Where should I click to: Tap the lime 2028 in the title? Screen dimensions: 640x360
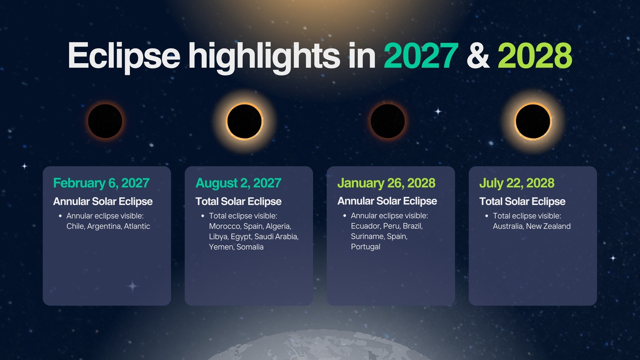pos(535,56)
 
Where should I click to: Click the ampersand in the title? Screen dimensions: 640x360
pos(478,56)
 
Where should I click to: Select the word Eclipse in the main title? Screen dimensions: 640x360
pos(124,57)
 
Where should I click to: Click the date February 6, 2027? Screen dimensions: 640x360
pos(101,183)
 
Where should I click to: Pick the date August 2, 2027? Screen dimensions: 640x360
pos(238,183)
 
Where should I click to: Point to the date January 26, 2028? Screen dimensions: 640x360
pos(386,183)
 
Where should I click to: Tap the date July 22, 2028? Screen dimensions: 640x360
pos(517,183)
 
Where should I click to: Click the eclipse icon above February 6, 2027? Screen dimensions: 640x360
pos(105,121)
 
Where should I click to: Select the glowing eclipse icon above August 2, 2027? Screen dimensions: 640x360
pos(244,122)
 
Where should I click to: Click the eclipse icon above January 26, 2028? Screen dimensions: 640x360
pos(388,121)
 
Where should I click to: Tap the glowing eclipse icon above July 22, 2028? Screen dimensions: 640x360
pos(533,122)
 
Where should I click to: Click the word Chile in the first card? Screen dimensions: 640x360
pos(76,226)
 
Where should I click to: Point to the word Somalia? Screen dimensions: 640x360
pos(250,247)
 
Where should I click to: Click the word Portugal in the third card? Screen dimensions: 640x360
pos(366,247)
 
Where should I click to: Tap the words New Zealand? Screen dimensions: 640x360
pos(548,226)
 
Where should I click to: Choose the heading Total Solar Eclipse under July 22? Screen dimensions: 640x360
pos(522,202)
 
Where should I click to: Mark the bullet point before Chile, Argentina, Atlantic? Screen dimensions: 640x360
pos(60,216)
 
